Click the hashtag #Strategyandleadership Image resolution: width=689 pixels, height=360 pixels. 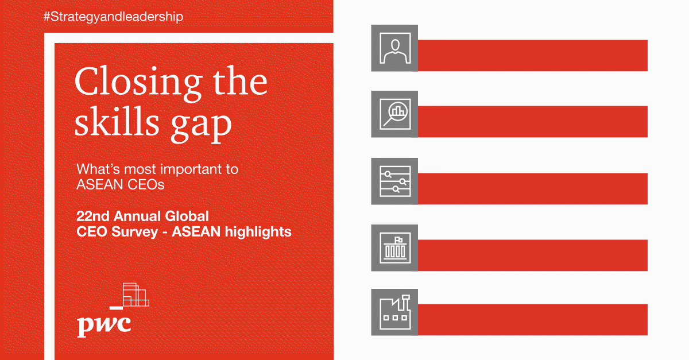click(113, 17)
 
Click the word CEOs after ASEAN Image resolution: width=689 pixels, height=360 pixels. click(146, 185)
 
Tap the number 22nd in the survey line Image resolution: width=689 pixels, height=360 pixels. click(93, 216)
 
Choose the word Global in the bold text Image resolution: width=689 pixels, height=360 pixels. click(187, 216)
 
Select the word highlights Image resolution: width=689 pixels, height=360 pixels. click(258, 232)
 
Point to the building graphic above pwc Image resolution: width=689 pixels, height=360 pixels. click(130, 296)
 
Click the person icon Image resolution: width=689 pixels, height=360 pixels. click(394, 48)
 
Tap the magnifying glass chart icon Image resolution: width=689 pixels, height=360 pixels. click(394, 114)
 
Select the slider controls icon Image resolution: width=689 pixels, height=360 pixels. click(394, 181)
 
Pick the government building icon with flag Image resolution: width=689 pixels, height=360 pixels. click(394, 247)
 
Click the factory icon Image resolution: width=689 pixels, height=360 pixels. click(394, 312)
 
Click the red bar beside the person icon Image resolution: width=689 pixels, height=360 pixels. click(532, 55)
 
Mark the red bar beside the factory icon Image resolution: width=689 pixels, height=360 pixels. click(532, 320)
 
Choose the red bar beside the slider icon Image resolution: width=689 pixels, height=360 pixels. click(532, 189)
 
